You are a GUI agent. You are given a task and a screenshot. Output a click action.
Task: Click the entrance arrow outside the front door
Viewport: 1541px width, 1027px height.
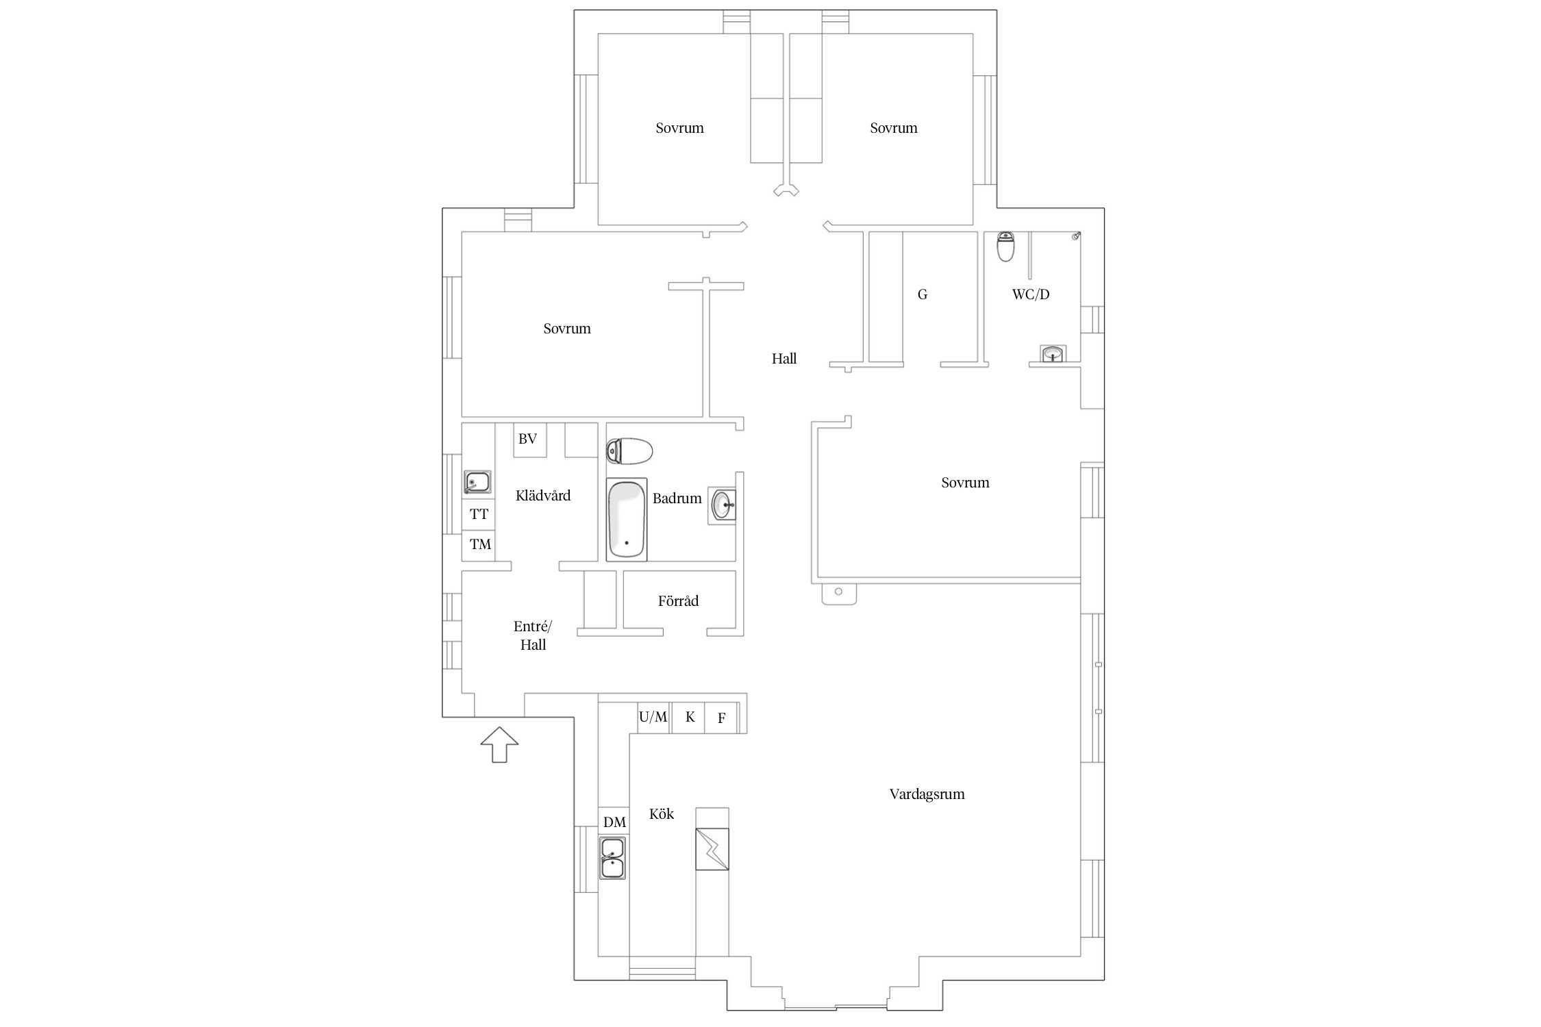[499, 744]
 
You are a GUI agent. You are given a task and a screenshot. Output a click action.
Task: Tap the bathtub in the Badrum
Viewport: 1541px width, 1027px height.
[627, 520]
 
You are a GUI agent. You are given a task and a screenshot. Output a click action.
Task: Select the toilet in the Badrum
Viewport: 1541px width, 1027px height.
[629, 451]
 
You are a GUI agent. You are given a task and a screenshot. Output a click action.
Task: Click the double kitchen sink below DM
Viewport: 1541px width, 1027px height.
[612, 857]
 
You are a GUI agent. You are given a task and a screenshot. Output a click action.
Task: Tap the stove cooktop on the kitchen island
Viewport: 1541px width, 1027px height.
[712, 849]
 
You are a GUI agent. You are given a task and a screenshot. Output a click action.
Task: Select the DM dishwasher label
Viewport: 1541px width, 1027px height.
[614, 822]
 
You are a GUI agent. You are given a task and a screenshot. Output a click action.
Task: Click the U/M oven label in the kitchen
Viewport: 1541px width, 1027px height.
[653, 717]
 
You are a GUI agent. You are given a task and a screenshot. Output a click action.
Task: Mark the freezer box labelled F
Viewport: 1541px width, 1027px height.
[721, 718]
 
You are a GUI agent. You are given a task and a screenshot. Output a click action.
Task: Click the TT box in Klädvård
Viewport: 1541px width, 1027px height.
[478, 514]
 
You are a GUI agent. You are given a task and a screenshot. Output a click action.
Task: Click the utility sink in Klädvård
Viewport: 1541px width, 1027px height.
[477, 482]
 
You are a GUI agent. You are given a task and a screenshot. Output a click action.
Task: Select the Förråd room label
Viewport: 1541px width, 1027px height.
[678, 600]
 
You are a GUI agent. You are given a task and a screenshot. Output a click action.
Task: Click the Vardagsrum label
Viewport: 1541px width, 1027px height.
[927, 794]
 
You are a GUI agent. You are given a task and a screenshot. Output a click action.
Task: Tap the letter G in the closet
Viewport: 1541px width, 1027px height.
[923, 294]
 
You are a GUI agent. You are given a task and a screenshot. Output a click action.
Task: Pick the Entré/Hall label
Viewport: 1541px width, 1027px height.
[533, 635]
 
